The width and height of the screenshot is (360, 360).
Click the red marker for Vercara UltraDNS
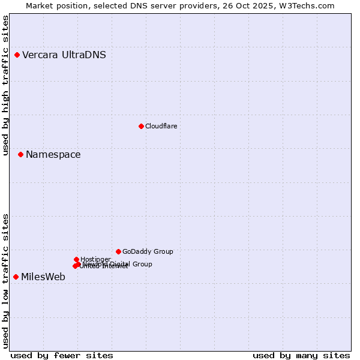tap(17, 55)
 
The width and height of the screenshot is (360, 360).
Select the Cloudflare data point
tap(141, 126)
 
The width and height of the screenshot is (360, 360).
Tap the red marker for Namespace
tap(20, 155)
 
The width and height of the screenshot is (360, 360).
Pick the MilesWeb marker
tap(16, 277)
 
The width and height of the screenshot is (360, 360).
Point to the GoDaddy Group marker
tap(118, 251)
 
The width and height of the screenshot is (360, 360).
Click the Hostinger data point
tap(76, 259)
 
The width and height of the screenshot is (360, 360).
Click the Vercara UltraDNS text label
tap(64, 55)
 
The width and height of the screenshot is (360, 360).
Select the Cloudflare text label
tap(161, 126)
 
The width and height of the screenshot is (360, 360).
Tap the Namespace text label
tap(53, 155)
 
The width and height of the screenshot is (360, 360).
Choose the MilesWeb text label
tap(43, 277)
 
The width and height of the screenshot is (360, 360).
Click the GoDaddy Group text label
tap(148, 251)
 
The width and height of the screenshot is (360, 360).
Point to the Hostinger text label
tap(95, 259)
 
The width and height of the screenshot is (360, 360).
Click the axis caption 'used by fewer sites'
tap(62, 355)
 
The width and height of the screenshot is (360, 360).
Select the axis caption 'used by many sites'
tap(301, 355)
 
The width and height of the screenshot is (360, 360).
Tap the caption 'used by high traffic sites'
tap(6, 85)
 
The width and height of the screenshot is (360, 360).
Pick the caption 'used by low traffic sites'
tap(6, 281)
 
